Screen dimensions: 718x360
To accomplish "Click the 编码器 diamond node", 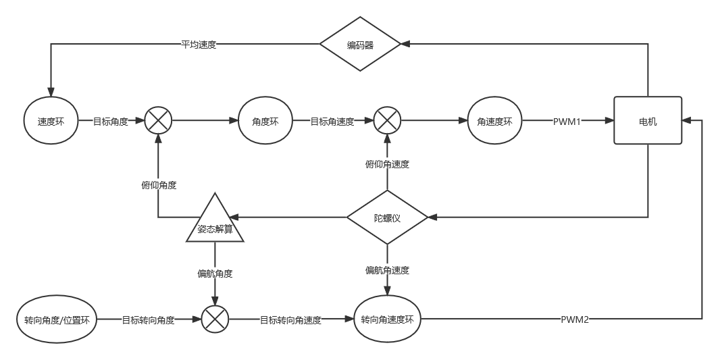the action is tap(360, 45).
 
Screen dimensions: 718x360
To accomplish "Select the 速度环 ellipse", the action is tap(51, 122).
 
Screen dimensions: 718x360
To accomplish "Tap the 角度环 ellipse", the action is tap(265, 122).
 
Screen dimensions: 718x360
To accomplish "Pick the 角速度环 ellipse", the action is tap(495, 122).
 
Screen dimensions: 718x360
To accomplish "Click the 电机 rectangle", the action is tap(648, 122).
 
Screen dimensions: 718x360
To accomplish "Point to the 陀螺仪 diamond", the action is tap(387, 217).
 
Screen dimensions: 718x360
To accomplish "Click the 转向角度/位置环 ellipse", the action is tap(57, 319).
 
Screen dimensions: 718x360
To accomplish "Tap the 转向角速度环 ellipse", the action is tap(387, 319).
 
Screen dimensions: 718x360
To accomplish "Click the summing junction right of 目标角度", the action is tap(158, 122).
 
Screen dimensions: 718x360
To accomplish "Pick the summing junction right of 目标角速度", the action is tap(387, 122).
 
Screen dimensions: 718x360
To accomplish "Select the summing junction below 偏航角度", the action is tap(215, 319).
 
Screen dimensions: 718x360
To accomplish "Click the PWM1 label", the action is tap(567, 122).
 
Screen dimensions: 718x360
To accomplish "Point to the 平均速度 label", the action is tap(199, 45).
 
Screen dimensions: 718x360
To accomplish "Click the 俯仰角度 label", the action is tap(159, 184).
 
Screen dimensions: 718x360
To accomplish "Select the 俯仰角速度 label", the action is tap(387, 163).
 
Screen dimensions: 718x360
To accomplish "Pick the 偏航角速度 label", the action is tap(387, 270).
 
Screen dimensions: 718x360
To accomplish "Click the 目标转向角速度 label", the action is tap(290, 320).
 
